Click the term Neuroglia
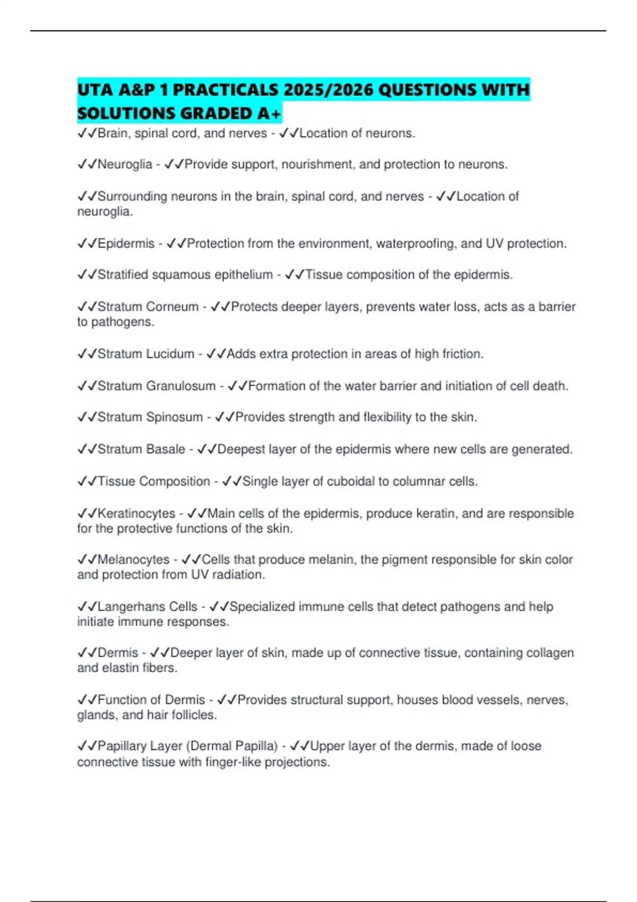coord(125,164)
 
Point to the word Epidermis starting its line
coord(126,244)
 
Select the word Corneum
coord(172,307)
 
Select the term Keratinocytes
coord(136,513)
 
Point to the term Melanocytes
coord(133,559)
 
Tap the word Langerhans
coord(131,606)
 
